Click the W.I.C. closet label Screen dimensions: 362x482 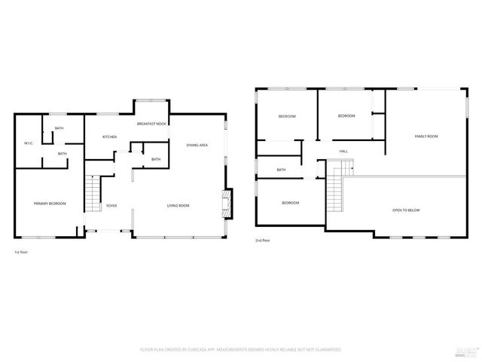[x=28, y=143]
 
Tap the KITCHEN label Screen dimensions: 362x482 [x=109, y=137]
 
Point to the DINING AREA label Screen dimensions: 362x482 [x=197, y=144]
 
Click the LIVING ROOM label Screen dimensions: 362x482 [x=178, y=205]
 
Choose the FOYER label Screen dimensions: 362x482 [x=111, y=205]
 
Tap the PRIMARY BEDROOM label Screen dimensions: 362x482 [x=50, y=204]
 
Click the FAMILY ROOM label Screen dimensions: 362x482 [x=426, y=137]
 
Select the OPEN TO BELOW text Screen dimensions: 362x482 [x=405, y=210]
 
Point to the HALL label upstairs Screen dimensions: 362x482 [x=343, y=152]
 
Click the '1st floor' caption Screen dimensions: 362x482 [x=22, y=251]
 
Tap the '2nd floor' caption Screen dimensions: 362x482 [x=263, y=241]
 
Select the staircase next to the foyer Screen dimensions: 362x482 [x=91, y=195]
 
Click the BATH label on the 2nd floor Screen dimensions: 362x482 [x=281, y=170]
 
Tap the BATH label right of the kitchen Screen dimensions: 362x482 [x=155, y=159]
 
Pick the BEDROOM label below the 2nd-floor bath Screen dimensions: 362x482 [x=291, y=203]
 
